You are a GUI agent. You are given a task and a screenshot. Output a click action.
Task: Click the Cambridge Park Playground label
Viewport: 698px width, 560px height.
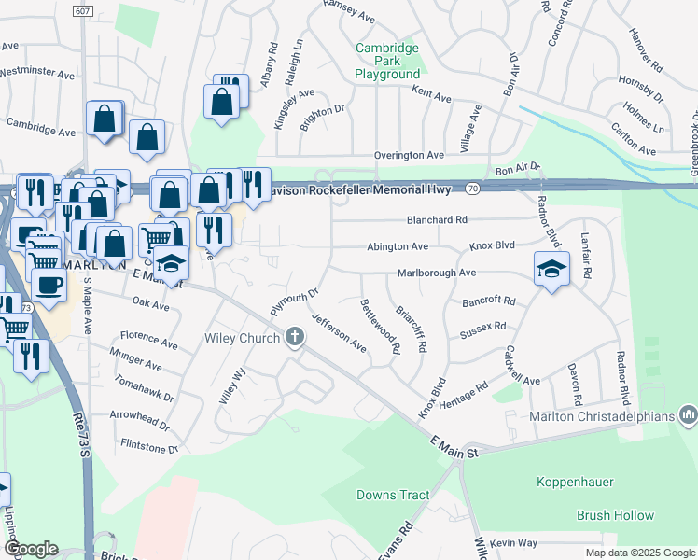[x=387, y=61]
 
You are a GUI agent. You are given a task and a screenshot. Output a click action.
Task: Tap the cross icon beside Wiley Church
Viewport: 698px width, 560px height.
[x=295, y=337]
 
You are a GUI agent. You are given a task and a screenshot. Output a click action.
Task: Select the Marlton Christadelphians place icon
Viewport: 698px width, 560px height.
[x=689, y=413]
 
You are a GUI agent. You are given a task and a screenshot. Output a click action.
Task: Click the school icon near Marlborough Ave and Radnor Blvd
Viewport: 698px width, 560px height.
[x=551, y=270]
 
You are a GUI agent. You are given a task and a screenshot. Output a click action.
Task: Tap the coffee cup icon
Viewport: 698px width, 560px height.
[x=49, y=284]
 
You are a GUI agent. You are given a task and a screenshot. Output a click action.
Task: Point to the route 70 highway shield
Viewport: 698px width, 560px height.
[x=473, y=188]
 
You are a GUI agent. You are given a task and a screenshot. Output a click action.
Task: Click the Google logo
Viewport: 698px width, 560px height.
[x=31, y=549]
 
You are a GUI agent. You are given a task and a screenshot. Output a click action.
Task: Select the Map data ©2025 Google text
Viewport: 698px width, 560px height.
[x=639, y=553]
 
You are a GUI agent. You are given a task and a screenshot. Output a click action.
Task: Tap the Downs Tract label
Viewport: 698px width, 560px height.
[x=393, y=495]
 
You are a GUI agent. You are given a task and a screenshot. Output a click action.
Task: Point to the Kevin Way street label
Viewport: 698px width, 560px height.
[x=514, y=542]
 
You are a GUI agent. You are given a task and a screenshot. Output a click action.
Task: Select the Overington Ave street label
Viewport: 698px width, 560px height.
[x=409, y=155]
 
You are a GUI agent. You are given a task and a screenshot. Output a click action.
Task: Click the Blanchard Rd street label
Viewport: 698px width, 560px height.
[x=436, y=220]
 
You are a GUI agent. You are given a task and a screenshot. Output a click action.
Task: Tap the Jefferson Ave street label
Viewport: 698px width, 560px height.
[x=339, y=331]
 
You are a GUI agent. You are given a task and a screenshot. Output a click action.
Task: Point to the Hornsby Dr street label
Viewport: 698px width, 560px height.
[x=639, y=91]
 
